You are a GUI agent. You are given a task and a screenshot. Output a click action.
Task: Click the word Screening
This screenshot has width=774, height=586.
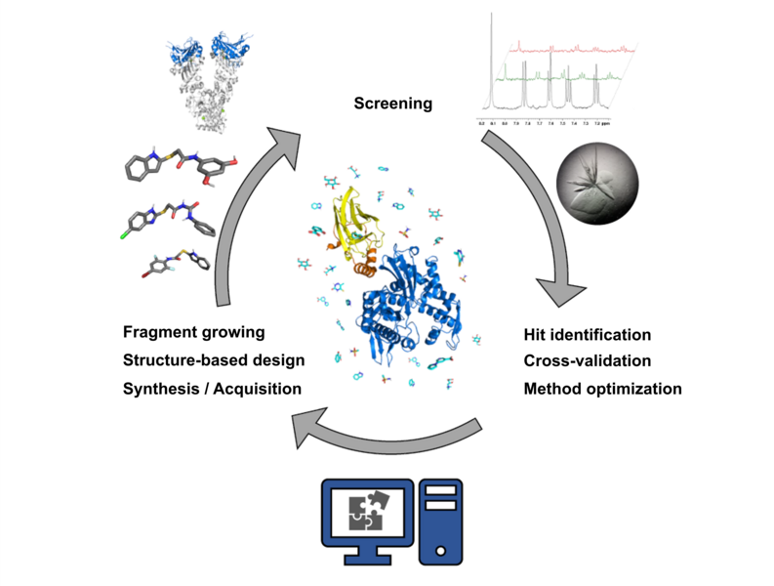point(392,103)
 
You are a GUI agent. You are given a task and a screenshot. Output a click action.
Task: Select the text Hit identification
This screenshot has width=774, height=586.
point(587,335)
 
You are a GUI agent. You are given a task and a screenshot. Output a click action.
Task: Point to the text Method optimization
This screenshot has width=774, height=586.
point(602,388)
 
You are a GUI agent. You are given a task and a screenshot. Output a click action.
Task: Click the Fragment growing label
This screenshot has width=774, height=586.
point(194,332)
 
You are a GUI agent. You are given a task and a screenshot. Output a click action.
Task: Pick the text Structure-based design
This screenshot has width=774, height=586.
point(214,360)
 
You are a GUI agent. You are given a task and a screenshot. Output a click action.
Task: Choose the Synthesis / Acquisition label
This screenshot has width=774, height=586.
point(212,388)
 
